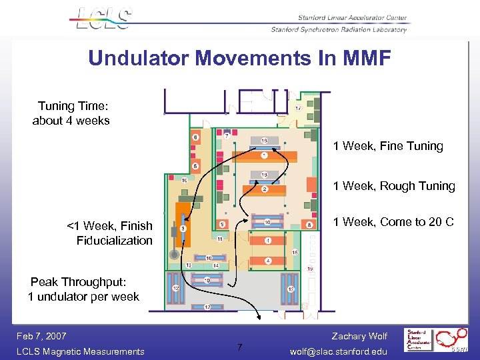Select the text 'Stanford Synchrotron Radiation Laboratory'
click(x=338, y=30)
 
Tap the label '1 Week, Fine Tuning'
click(x=388, y=146)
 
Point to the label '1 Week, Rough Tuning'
click(x=394, y=186)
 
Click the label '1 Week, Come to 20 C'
click(x=393, y=222)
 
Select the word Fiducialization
click(x=114, y=241)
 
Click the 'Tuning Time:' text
click(x=73, y=106)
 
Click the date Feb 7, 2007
click(x=42, y=336)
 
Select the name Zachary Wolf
click(x=359, y=336)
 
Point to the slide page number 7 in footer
click(x=240, y=346)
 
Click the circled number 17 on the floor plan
click(x=298, y=108)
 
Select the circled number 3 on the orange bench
click(x=183, y=229)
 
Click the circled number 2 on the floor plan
click(x=265, y=189)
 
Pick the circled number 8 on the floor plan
click(x=309, y=225)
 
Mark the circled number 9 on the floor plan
click(x=223, y=224)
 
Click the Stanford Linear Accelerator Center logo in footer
click(x=421, y=339)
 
